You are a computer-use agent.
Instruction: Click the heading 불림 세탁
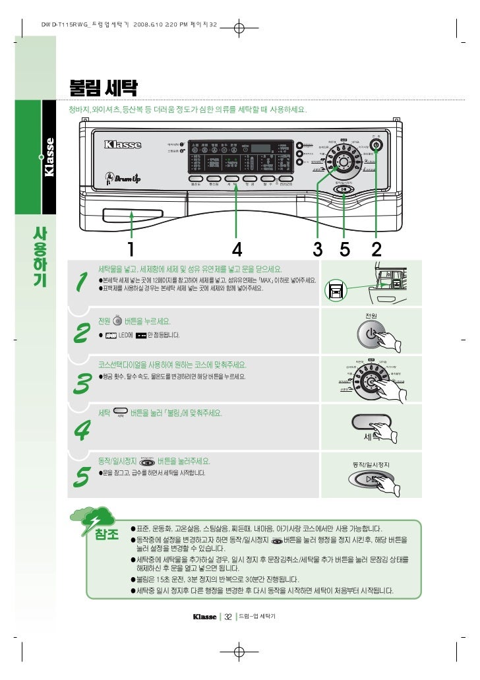[107, 88]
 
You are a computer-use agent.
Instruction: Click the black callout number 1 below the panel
[131, 249]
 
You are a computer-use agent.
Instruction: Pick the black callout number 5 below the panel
[344, 249]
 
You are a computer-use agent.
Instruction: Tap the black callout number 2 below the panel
[376, 249]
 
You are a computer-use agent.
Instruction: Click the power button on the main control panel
[376, 144]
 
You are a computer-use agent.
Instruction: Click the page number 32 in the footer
[227, 617]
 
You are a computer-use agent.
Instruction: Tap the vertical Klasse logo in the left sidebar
[50, 156]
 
